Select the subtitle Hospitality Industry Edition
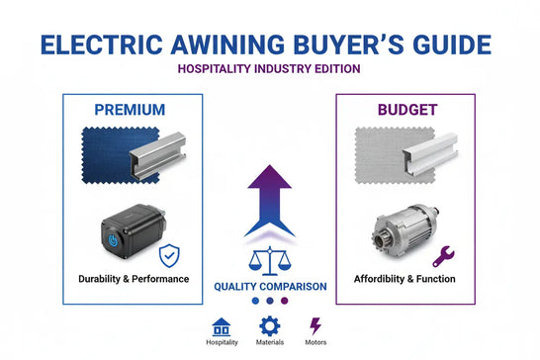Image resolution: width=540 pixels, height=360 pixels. coord(269,69)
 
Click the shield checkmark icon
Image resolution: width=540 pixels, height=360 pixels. coord(171,255)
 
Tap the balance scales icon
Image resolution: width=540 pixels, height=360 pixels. coord(269,261)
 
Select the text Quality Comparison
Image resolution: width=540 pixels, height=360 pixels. coord(270,287)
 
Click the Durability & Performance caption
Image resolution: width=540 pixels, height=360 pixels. coord(133,279)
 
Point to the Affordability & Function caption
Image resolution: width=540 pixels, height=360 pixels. coord(405,279)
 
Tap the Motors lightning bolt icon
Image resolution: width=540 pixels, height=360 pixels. coord(316,325)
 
